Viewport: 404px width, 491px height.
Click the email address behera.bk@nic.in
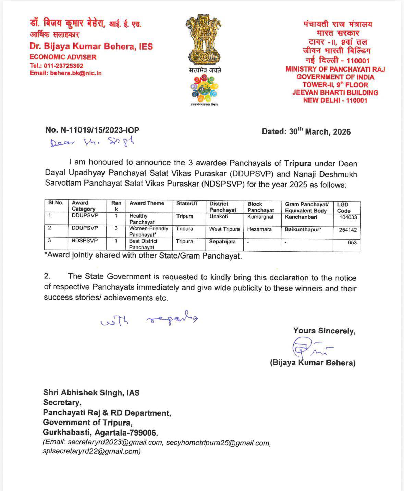[x=76, y=73]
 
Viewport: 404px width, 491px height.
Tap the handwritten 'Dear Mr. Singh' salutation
[x=92, y=142]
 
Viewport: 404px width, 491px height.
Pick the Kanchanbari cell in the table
[x=301, y=217]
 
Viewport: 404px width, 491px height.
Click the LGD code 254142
[x=347, y=230]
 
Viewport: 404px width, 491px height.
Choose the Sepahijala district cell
[x=222, y=242]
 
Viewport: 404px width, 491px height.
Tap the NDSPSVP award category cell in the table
[x=85, y=241]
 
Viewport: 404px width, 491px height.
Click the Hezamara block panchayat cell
[x=259, y=229]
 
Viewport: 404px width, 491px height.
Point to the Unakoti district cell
[x=219, y=216]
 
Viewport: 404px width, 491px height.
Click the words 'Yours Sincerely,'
[x=324, y=331]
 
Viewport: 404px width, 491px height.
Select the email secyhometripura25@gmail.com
[x=218, y=443]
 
